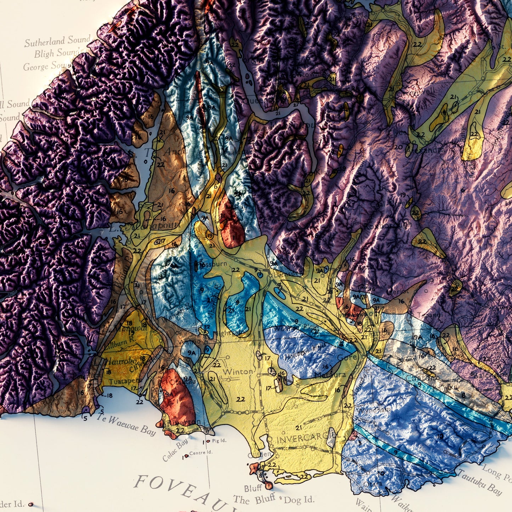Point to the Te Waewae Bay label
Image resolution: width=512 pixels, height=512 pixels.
click(x=126, y=425)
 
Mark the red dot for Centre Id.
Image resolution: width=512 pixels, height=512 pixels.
click(x=186, y=456)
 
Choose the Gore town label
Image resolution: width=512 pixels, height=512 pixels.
click(x=347, y=358)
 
